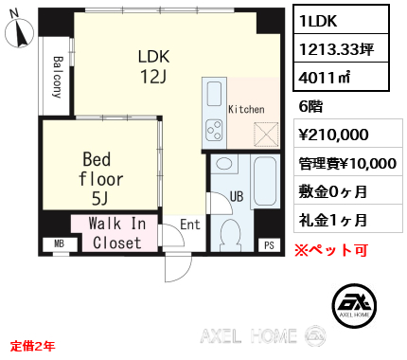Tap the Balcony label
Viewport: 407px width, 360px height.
56,74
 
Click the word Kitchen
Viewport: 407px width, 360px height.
246,110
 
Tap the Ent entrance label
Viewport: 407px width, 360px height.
189,225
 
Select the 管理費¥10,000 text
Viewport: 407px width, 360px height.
347,163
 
